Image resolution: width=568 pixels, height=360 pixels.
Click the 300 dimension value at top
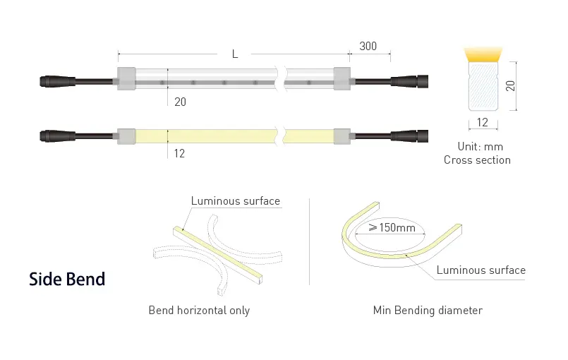coord(368,47)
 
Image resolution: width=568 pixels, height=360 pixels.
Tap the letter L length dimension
coord(235,54)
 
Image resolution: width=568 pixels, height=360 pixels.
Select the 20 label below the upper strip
coord(180,102)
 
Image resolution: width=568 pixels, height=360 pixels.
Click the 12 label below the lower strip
coord(179,153)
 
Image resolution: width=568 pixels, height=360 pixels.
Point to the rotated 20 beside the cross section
coord(510,86)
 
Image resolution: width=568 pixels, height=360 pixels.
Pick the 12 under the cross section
coord(482,122)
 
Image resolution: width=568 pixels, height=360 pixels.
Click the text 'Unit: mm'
coord(481,146)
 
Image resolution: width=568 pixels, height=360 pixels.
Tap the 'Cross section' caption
coord(477,160)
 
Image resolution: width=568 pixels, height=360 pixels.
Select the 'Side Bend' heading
coord(67,279)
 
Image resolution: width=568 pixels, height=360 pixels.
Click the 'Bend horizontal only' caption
coord(199,311)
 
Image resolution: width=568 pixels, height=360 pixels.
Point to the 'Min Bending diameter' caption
coord(428,311)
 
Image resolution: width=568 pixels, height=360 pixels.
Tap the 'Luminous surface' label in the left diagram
coord(236,201)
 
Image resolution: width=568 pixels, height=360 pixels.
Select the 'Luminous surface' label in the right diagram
coord(481,270)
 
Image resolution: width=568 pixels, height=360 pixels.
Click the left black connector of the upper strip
coord(57,81)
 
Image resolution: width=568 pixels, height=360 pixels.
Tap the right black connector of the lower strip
coord(410,136)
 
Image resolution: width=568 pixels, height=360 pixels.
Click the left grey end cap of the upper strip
coord(126,78)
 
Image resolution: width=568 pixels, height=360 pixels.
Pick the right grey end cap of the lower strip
coord(342,136)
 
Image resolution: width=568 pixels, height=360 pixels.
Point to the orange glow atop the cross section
coord(483,54)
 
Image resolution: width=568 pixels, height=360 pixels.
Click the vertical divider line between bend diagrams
coord(309,242)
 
